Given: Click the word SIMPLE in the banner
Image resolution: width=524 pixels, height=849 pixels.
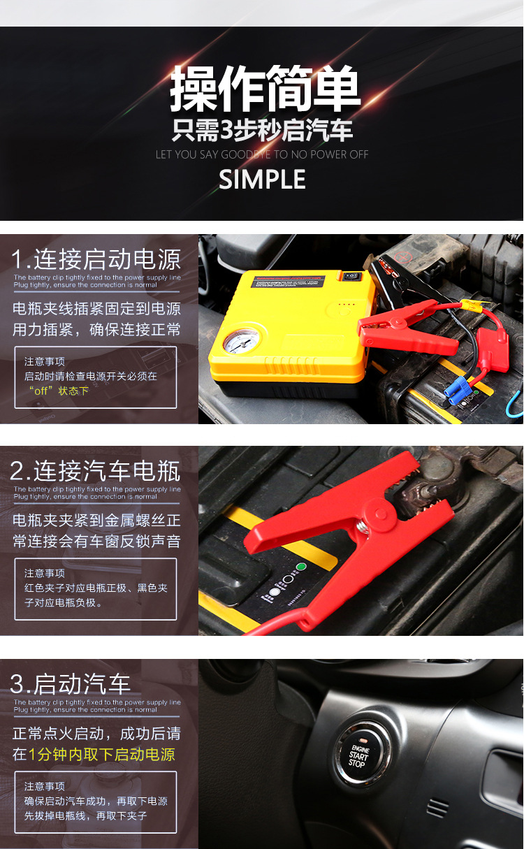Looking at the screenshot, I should click(x=262, y=180).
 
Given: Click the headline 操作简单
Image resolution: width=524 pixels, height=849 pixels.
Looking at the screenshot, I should click(x=265, y=89).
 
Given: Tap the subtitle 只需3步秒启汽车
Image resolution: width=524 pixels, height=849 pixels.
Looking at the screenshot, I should click(x=262, y=131).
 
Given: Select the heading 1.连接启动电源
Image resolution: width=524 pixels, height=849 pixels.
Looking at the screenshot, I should click(x=96, y=259).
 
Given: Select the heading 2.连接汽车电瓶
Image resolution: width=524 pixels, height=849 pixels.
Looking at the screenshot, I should click(x=96, y=471).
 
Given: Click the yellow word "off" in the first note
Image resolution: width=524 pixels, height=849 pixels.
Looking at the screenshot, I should click(x=41, y=391).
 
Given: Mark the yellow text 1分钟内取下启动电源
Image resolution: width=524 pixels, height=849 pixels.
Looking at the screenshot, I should click(x=102, y=755).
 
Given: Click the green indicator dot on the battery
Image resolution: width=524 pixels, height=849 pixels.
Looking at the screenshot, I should click(x=301, y=567).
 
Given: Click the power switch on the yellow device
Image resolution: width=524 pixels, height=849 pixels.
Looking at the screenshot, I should click(x=351, y=277).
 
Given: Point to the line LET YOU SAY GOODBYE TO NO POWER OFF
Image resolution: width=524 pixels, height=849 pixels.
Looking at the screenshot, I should click(x=262, y=154).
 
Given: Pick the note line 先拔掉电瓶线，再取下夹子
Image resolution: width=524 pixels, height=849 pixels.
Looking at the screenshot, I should click(x=85, y=816).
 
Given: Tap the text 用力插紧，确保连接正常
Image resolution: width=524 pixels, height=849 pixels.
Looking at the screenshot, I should click(x=96, y=330).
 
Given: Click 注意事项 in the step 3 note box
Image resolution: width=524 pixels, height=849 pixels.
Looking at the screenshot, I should click(x=45, y=786).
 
